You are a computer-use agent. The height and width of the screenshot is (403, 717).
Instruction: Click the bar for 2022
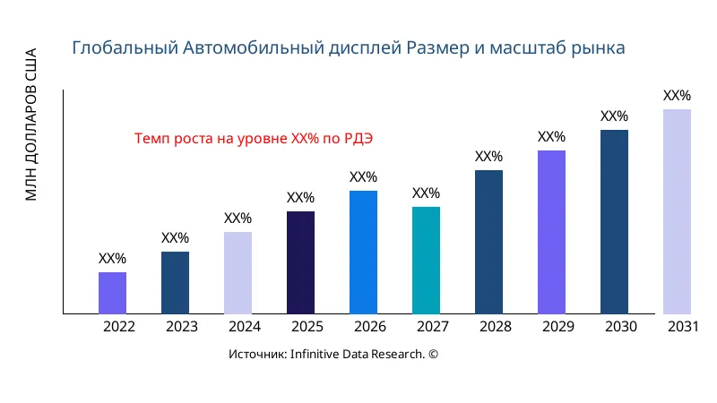click(112, 293)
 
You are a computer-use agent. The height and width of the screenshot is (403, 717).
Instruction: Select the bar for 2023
click(175, 283)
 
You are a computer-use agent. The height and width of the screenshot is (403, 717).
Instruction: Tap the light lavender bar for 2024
click(238, 273)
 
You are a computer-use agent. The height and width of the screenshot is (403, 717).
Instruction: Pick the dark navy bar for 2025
click(300, 262)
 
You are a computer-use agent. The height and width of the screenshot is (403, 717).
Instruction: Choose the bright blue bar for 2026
click(363, 253)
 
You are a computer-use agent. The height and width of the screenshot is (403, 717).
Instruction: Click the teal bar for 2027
click(426, 261)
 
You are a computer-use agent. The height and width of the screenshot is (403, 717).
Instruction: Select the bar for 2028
click(488, 242)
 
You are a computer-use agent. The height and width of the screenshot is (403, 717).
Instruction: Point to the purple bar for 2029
click(551, 232)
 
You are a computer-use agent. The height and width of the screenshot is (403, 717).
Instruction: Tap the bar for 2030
click(614, 222)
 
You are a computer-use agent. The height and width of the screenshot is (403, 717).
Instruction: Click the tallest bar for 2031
click(677, 211)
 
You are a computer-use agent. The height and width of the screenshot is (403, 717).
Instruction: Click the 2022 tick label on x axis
click(118, 327)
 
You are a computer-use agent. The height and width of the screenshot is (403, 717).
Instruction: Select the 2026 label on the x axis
click(369, 327)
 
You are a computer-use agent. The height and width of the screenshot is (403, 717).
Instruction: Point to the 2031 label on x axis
click(683, 327)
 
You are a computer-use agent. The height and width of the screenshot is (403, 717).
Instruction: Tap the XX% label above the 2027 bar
click(426, 193)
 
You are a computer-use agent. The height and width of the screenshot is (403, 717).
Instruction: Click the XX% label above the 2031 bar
click(677, 96)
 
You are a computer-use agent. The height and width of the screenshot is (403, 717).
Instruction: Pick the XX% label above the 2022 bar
click(112, 259)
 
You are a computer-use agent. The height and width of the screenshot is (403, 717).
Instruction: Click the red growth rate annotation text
click(253, 139)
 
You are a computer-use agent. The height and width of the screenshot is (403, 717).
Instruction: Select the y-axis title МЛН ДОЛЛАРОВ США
click(31, 124)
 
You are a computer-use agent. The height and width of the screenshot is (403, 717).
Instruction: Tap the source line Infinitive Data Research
click(333, 355)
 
